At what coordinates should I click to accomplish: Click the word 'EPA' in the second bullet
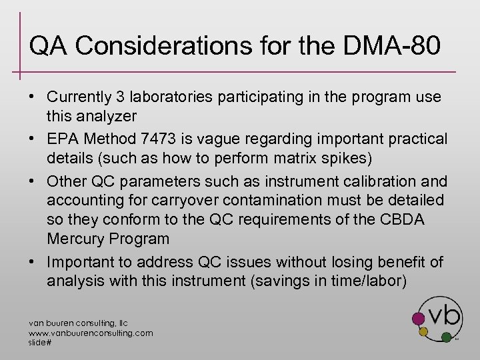63,139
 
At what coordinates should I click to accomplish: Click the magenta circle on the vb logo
418,317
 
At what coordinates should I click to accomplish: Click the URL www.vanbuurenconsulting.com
91,332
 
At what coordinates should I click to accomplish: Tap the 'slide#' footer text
40,341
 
